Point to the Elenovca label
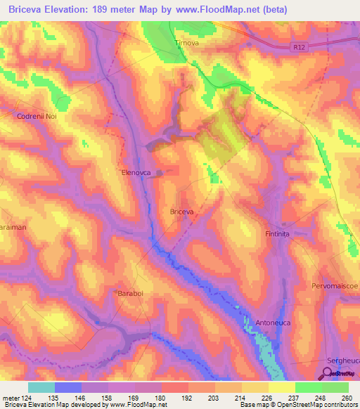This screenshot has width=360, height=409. coord(136,171)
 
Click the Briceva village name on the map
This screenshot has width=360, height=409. coord(182,211)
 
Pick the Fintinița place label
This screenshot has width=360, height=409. coord(278,233)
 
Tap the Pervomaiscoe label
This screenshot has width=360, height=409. coord(335,287)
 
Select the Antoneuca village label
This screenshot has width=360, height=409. coord(274,323)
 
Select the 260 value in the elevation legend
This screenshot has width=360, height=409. coord(345,397)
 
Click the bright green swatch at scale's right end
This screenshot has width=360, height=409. coord(335,387)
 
